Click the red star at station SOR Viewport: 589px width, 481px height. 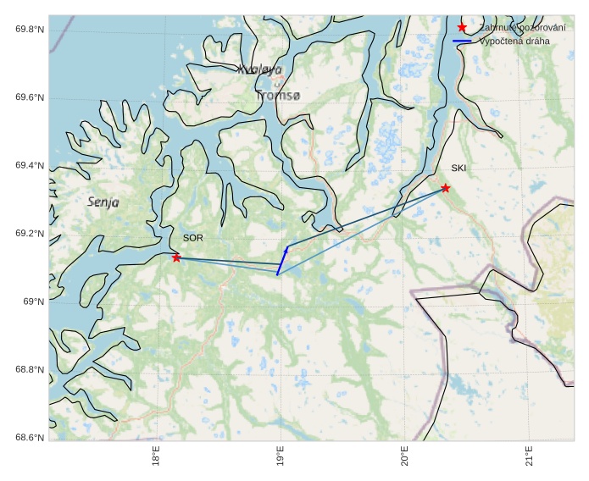(176, 257)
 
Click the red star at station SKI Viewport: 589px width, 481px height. (445, 188)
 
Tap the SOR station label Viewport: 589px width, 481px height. (192, 238)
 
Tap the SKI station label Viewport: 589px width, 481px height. (458, 168)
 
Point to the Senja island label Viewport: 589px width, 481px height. (103, 202)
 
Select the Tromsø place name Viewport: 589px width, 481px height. (278, 96)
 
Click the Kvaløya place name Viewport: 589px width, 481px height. (259, 69)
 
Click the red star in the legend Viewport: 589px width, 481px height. (462, 28)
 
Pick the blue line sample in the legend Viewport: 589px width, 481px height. (462, 41)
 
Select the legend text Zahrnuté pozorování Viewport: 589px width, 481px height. (522, 28)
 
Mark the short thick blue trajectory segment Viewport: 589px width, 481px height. (282, 261)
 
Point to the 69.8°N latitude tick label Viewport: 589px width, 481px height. (30, 30)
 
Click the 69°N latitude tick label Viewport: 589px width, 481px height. (34, 302)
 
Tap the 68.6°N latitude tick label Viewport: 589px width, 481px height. (30, 438)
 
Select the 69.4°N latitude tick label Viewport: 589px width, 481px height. (30, 166)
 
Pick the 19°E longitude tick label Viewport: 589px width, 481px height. (281, 456)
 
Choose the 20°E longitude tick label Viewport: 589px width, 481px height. (405, 456)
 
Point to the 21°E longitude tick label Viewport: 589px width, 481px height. (530, 456)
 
